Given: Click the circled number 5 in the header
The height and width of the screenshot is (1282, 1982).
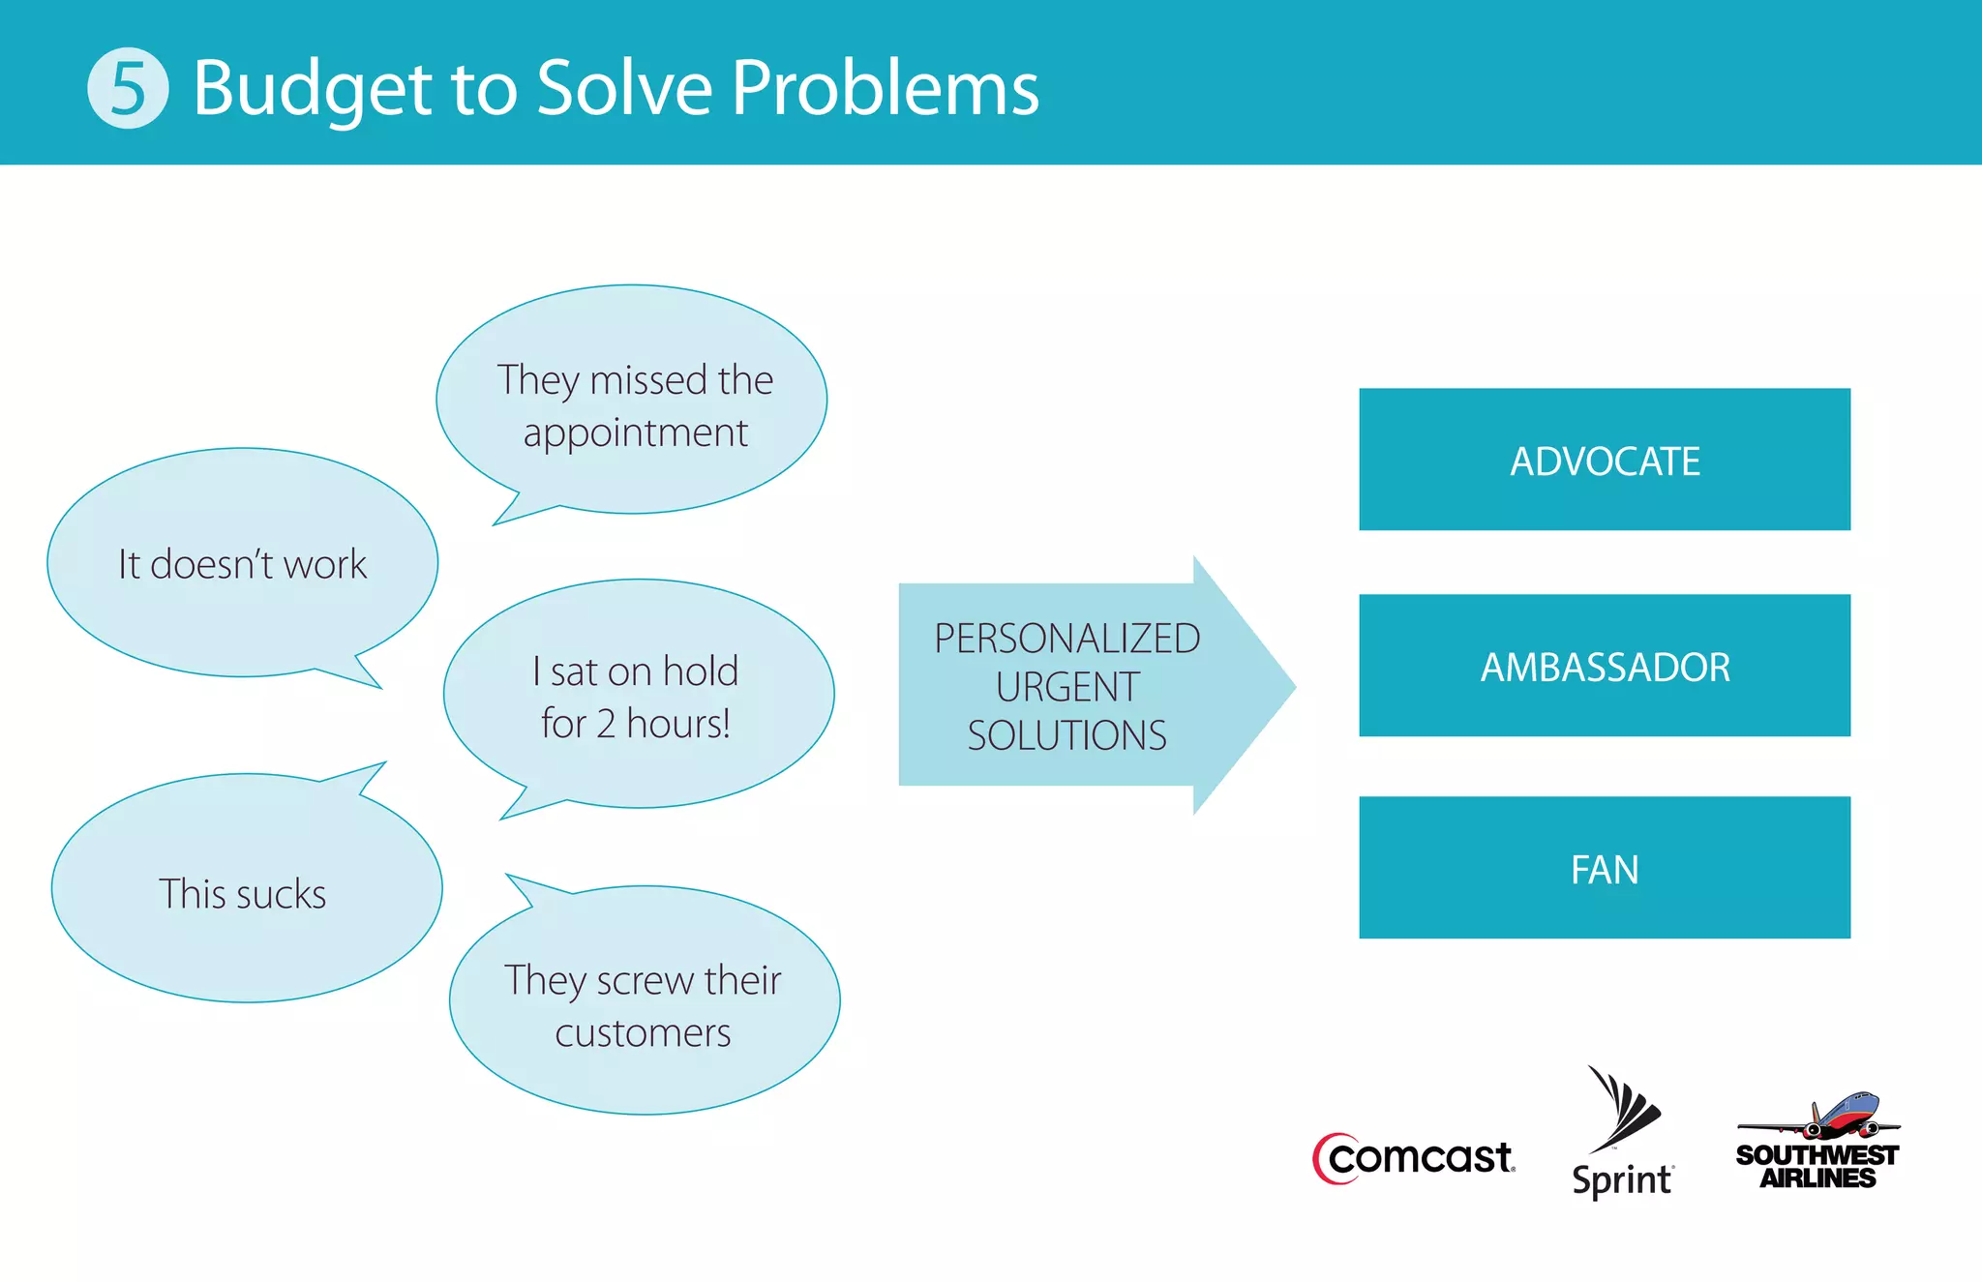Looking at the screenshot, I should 128,88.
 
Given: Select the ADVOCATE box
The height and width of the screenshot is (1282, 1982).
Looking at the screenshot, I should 1604,460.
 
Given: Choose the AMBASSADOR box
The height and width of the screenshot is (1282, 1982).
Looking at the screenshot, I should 1604,666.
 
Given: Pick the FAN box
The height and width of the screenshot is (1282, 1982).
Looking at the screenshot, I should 1604,868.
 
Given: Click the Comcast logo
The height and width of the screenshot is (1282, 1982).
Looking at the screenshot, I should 1414,1158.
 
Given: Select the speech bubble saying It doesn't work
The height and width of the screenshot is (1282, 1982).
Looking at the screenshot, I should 242,563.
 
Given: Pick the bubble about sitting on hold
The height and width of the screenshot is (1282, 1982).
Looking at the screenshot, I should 638,695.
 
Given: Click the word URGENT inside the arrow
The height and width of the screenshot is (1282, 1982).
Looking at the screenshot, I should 1066,687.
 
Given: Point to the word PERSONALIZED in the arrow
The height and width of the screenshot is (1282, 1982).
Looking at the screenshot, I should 1066,639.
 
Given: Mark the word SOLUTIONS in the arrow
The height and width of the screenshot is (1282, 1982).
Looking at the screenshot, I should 1066,735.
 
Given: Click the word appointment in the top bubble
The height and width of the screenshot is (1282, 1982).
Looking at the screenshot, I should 635,433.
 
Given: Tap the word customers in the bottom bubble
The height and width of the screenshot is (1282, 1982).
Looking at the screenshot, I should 643,1033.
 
